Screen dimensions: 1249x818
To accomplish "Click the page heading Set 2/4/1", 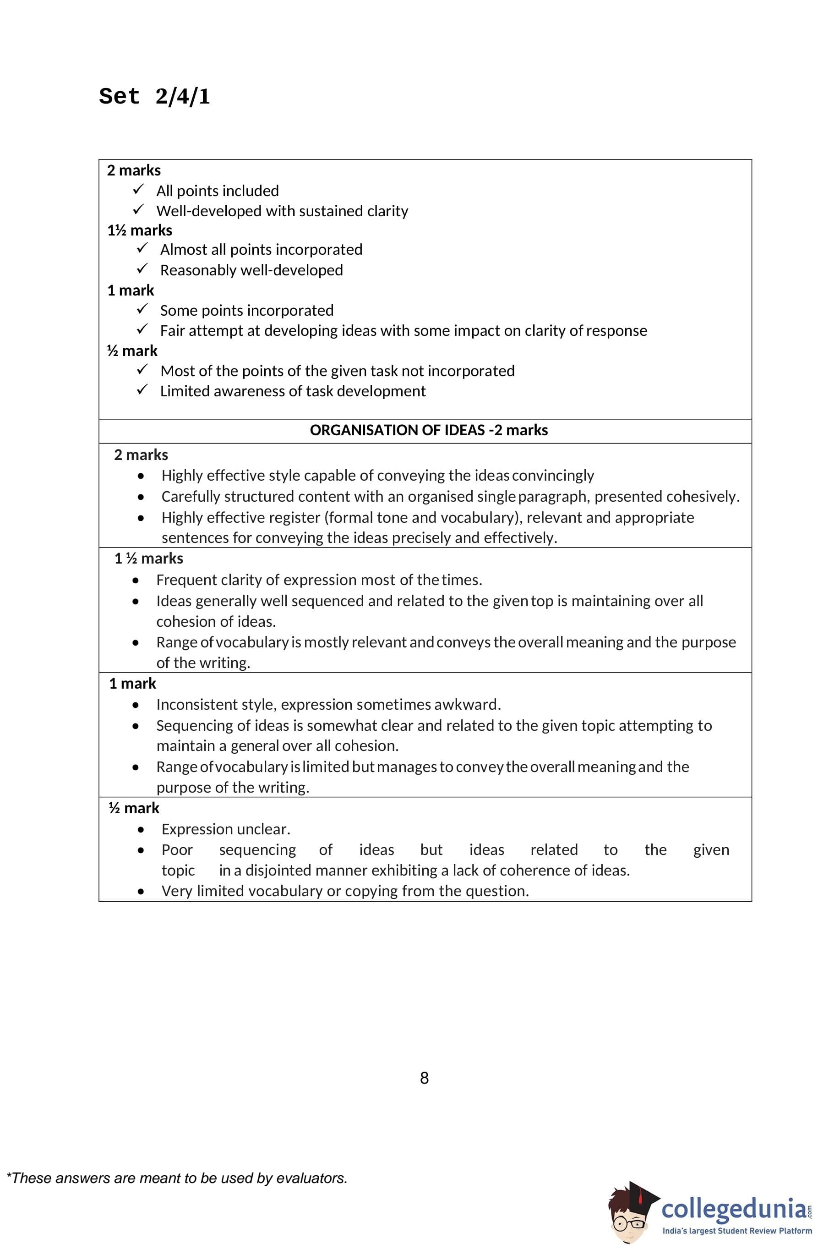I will [154, 97].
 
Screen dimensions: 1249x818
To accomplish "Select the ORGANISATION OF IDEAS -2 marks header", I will [428, 430].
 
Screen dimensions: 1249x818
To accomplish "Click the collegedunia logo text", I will [734, 1208].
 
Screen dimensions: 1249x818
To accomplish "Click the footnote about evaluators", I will [177, 1178].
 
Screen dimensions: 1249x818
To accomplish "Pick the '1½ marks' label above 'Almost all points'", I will [140, 230].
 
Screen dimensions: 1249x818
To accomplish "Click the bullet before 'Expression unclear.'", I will [141, 830].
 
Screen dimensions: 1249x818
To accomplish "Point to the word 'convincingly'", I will [552, 476].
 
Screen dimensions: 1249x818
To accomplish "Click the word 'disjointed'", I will [278, 870].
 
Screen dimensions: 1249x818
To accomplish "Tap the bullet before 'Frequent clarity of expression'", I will [136, 581].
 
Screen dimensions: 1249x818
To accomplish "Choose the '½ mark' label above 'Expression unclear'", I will [133, 808].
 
